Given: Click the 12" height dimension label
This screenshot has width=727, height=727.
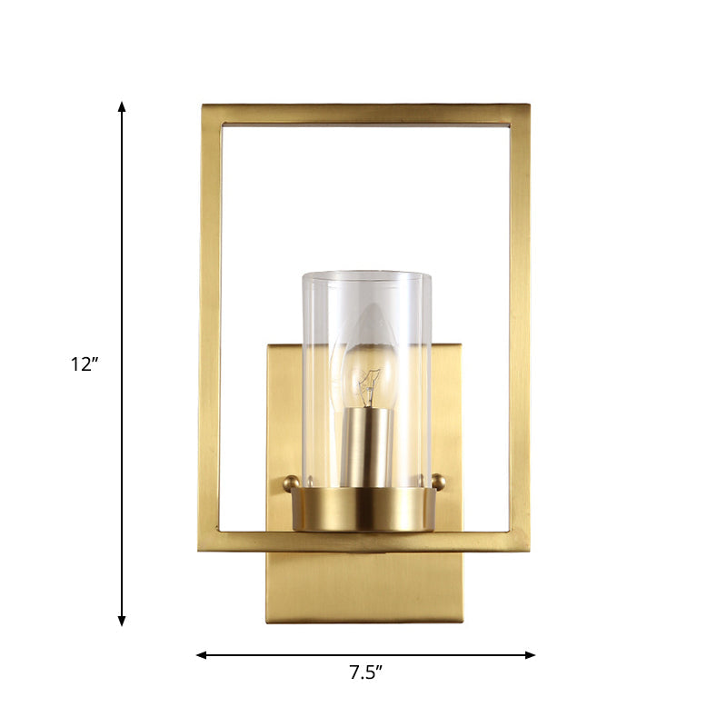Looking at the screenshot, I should pyautogui.click(x=85, y=364).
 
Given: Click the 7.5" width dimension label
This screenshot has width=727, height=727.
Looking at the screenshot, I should pyautogui.click(x=365, y=673).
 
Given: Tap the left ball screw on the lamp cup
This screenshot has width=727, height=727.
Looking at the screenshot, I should pyautogui.click(x=291, y=483).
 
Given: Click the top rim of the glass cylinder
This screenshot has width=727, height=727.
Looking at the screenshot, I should pyautogui.click(x=365, y=275).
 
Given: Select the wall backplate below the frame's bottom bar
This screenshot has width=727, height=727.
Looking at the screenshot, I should pyautogui.click(x=364, y=586).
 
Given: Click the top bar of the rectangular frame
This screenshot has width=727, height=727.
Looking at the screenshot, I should pyautogui.click(x=364, y=114).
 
